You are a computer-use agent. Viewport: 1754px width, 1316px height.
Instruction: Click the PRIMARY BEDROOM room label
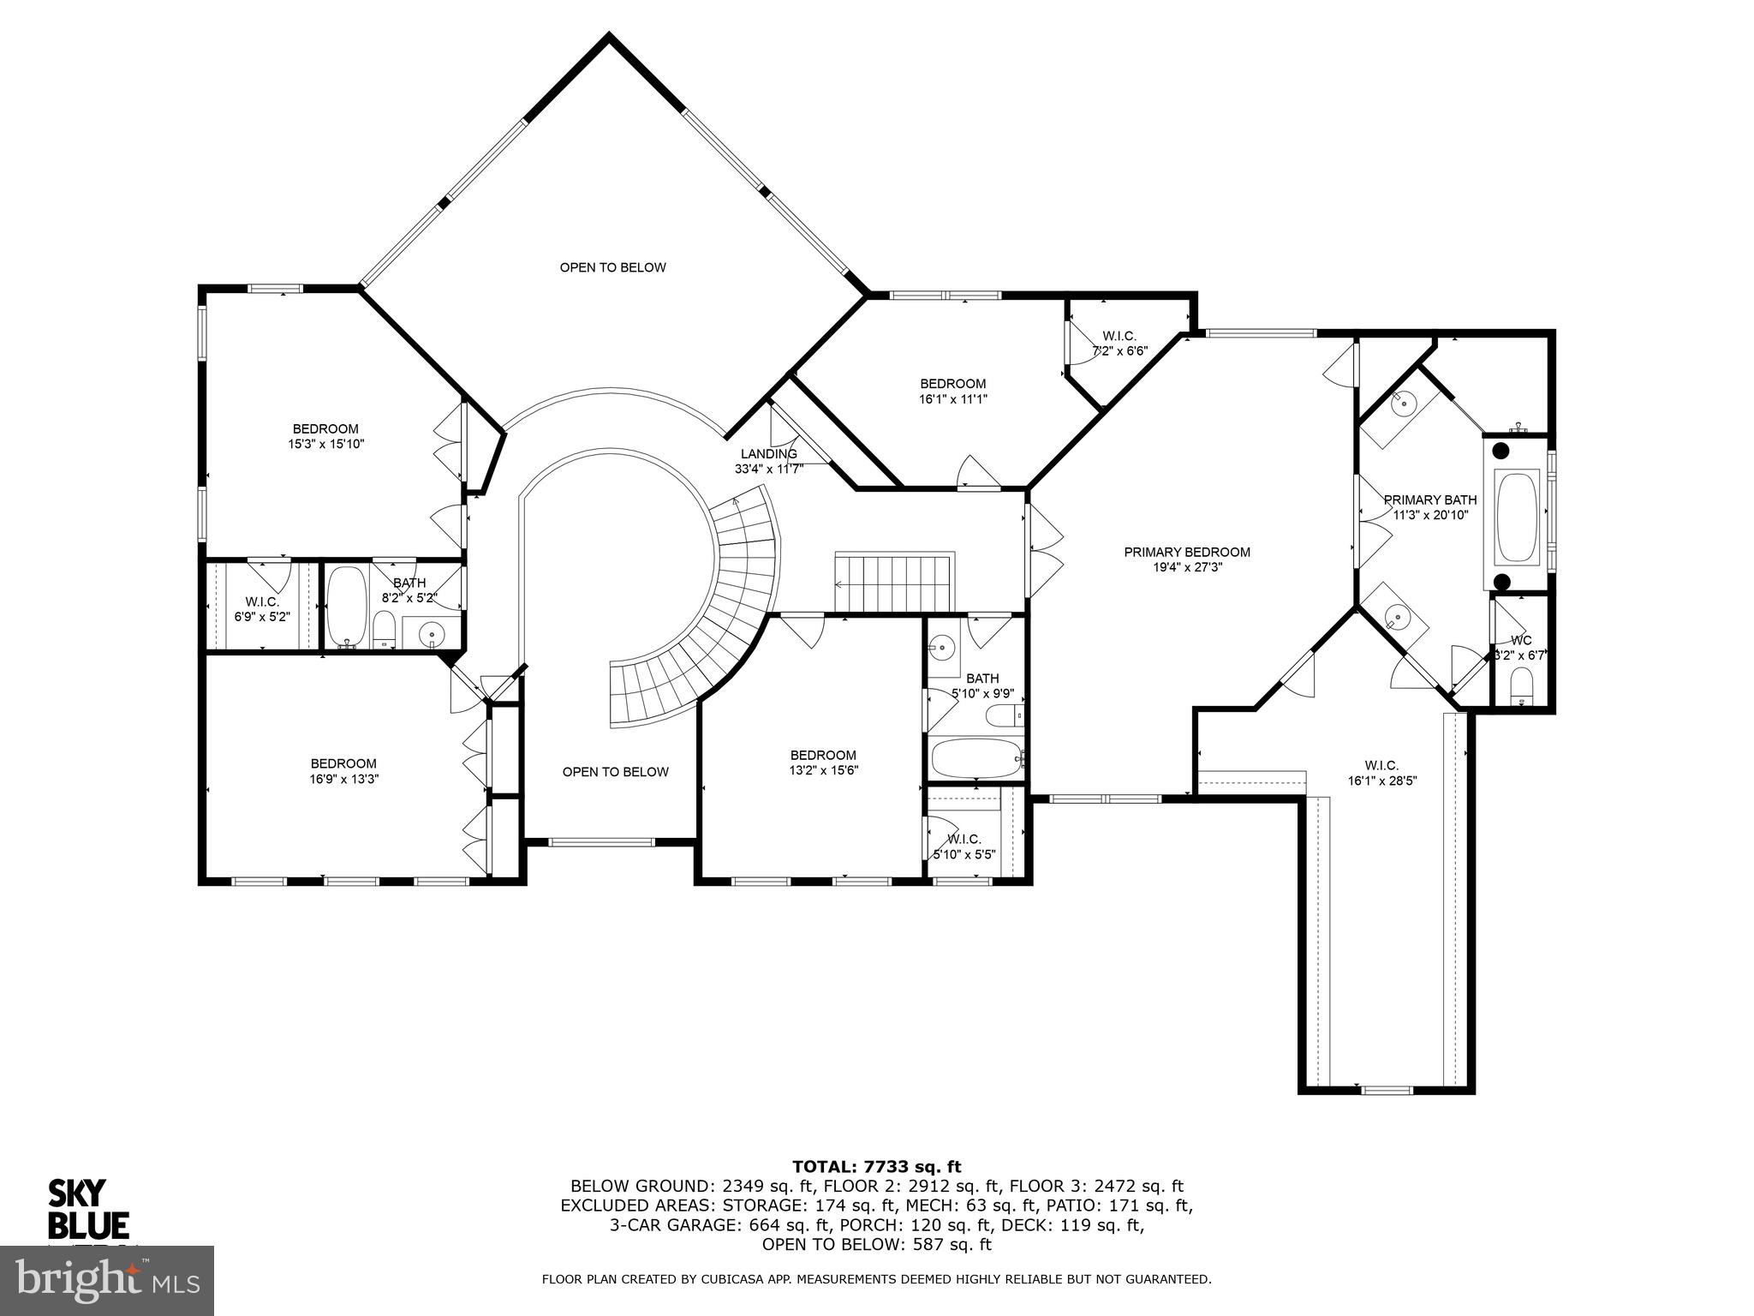[1186, 552]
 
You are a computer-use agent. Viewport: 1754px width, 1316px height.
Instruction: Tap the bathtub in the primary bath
[1516, 517]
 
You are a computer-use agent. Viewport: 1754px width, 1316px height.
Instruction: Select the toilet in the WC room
[1522, 686]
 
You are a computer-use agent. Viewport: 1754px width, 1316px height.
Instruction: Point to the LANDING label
[768, 454]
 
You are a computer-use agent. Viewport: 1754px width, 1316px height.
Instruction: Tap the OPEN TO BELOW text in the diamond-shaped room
[612, 267]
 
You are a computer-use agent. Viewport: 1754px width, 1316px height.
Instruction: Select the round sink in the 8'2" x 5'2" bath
[432, 634]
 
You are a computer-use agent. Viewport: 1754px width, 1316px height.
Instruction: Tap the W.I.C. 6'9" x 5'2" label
[262, 608]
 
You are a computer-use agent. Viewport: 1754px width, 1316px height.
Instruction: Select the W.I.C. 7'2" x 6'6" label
[1119, 344]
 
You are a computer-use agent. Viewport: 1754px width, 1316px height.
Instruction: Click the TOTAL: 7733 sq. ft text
[876, 1167]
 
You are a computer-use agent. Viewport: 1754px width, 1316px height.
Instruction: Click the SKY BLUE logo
[87, 1209]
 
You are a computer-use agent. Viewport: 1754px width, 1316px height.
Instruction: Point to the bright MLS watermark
[107, 1280]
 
